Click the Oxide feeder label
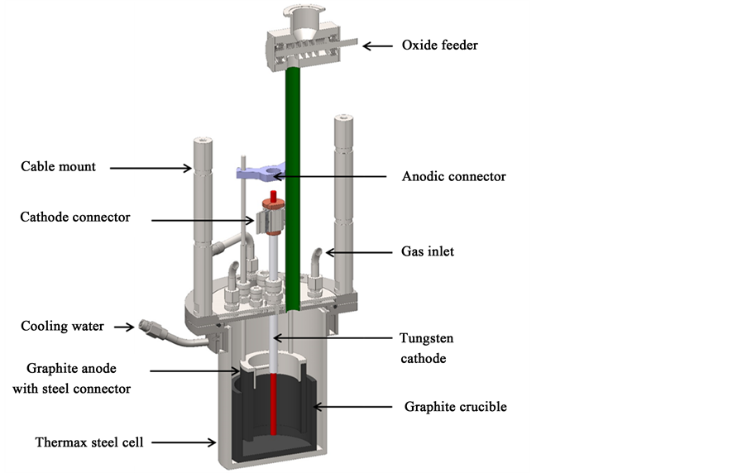[x=439, y=45]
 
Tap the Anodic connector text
[x=453, y=176]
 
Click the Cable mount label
[x=58, y=167]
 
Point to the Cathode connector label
[x=75, y=217]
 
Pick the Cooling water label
[x=62, y=326]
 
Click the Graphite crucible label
[x=455, y=407]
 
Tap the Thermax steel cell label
[x=89, y=442]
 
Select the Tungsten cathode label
[x=428, y=348]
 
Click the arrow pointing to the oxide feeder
[x=378, y=45]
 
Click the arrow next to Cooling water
[x=124, y=327]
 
